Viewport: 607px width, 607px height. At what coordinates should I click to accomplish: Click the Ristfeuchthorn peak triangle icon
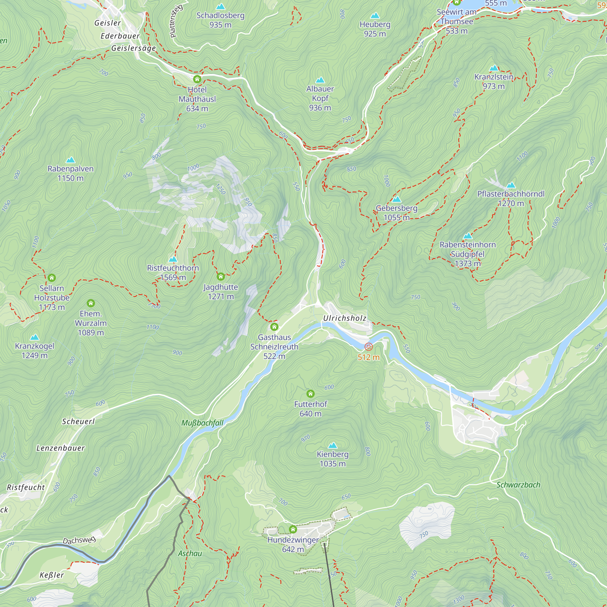click(173, 259)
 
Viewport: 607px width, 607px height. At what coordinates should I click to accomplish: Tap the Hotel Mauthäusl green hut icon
click(197, 79)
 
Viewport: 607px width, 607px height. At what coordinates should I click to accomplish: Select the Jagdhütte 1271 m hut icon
click(221, 277)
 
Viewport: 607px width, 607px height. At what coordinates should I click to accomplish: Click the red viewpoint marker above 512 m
click(368, 347)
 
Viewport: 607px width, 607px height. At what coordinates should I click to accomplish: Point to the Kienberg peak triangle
click(332, 446)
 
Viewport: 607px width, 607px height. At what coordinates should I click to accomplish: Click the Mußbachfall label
click(202, 423)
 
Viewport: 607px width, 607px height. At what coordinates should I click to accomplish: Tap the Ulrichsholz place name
click(345, 318)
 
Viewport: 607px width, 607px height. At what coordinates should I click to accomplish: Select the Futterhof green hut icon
click(310, 394)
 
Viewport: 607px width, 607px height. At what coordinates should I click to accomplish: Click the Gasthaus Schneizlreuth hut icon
click(274, 327)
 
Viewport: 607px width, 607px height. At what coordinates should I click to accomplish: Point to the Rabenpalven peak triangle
click(70, 160)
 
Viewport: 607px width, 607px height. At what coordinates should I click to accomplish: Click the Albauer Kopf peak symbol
click(320, 80)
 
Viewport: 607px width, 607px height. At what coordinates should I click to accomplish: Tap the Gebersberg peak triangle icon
click(396, 199)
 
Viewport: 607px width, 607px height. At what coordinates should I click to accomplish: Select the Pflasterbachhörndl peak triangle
click(511, 185)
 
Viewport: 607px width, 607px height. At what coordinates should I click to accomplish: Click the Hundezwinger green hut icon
click(293, 529)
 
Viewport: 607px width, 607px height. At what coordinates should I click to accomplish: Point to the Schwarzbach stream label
click(518, 485)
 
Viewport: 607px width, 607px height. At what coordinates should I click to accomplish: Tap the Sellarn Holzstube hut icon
click(52, 278)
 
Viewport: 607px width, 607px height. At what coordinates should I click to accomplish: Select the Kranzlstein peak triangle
click(494, 68)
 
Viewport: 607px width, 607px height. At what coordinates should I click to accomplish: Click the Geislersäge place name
click(134, 48)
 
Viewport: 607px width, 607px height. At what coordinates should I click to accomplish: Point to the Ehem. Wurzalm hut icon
click(90, 303)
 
